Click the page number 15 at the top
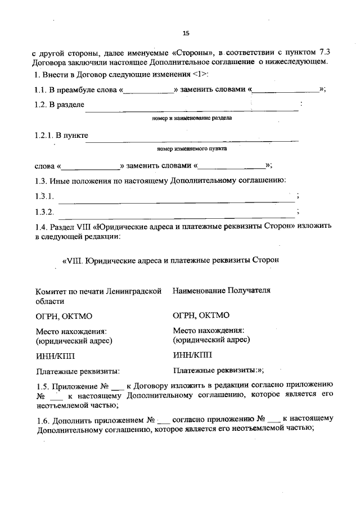click(186, 32)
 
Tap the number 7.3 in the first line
click(327, 53)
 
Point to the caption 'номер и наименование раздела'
click(192, 119)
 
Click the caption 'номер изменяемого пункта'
click(192, 150)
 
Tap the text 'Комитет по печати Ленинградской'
click(98, 291)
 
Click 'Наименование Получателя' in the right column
click(222, 291)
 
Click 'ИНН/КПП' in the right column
click(192, 355)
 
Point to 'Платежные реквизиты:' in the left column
click(78, 371)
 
